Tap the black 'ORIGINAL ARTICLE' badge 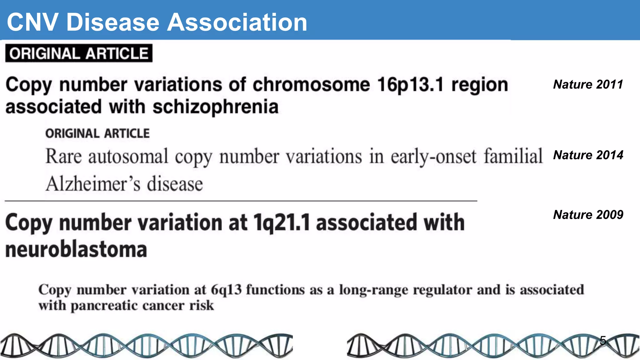click(x=79, y=53)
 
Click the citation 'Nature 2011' click(x=588, y=84)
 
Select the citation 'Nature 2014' click(x=588, y=155)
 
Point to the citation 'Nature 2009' click(x=588, y=215)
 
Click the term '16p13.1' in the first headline click(x=410, y=85)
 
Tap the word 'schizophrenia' click(x=215, y=107)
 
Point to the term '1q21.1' click(x=282, y=222)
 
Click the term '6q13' click(x=226, y=290)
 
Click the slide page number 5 click(x=603, y=340)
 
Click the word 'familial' click(x=513, y=156)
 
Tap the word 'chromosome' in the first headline click(x=311, y=85)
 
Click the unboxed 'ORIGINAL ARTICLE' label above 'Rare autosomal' click(x=97, y=133)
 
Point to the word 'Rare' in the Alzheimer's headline click(x=63, y=156)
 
